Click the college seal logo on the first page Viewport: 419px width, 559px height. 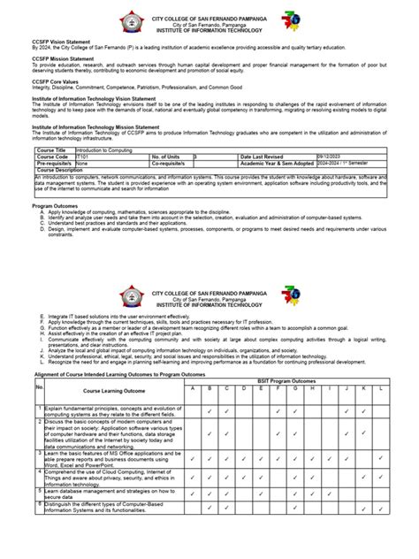point(131,19)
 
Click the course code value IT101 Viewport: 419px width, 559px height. point(84,157)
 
